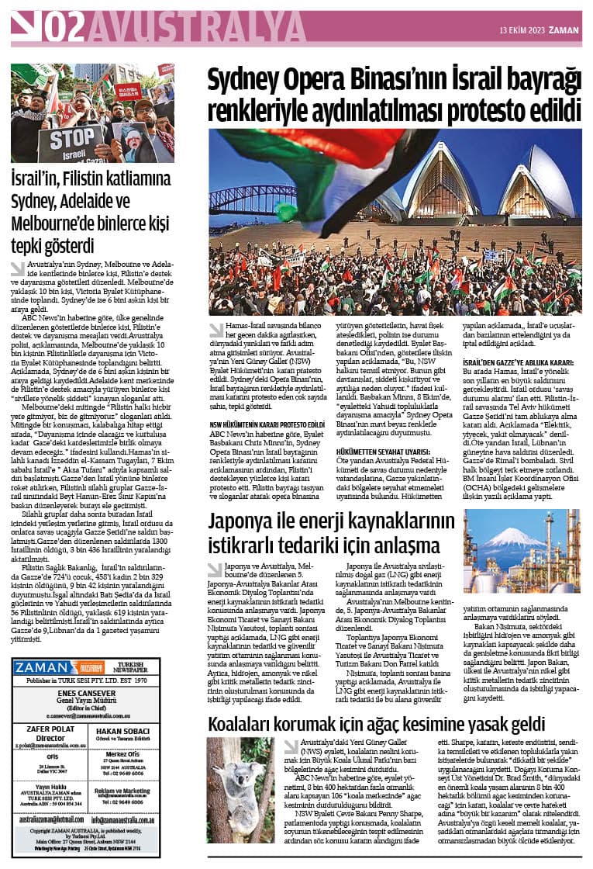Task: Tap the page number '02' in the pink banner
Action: point(64,28)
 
